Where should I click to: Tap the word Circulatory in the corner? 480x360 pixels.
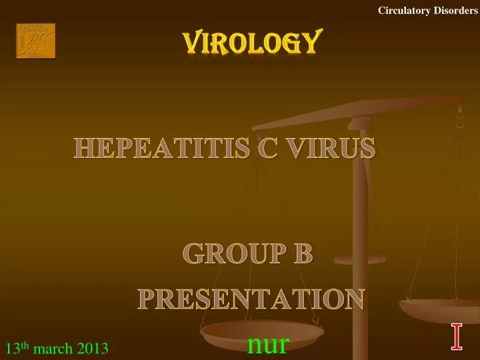pos(402,10)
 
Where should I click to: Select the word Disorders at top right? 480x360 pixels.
pos(454,10)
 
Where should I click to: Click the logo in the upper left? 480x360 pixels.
pos(35,41)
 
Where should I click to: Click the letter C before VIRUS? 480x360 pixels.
pos(268,148)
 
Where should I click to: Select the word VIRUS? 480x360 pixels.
pos(329,148)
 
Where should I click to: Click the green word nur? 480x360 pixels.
pos(268,344)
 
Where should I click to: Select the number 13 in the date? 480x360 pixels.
pos(11,349)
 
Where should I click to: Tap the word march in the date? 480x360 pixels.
pos(53,349)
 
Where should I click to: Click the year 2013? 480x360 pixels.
pos(94,349)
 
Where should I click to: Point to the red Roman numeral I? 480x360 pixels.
pos(457,336)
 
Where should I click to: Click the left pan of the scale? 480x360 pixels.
pos(261,333)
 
